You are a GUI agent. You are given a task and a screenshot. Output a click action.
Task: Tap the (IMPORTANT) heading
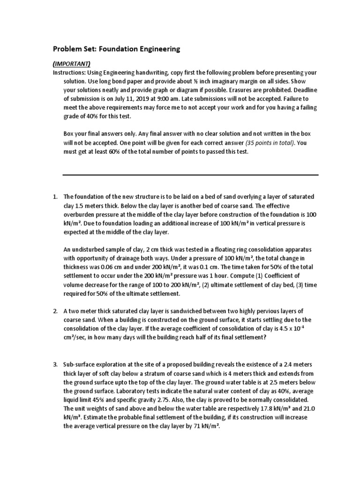(72, 64)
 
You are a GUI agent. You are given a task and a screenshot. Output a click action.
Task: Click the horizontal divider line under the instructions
(190, 175)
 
